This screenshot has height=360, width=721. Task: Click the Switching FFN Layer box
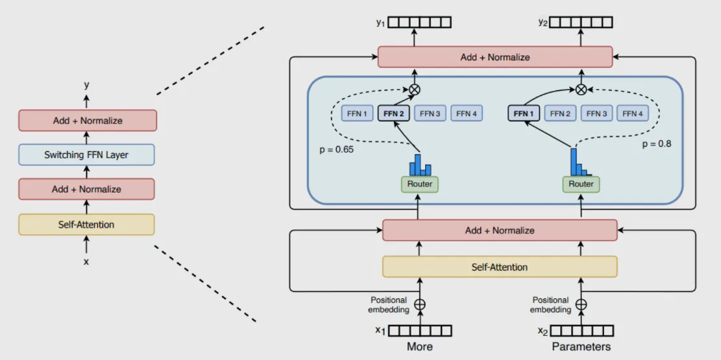pos(86,154)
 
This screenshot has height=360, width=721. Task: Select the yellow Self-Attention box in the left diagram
pos(86,224)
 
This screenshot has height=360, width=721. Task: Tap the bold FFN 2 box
pos(393,114)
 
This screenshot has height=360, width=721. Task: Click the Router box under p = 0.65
pos(420,184)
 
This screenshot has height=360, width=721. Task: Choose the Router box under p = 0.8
pos(581,184)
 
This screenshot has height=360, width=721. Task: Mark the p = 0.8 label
pos(657,144)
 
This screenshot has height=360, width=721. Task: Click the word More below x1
pos(420,346)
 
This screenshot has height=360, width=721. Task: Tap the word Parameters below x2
pos(581,346)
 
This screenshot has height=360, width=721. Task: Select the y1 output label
pos(380,22)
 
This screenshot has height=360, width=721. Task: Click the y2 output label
pos(543,22)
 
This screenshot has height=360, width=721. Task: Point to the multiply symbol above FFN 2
pos(414,90)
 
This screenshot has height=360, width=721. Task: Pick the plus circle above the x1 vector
pos(420,304)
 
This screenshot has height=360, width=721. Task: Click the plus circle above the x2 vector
pos(581,304)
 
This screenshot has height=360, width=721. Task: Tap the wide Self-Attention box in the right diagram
pos(499,267)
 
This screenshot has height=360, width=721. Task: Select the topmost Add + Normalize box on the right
pos(495,57)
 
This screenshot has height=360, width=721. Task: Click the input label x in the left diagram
pos(86,262)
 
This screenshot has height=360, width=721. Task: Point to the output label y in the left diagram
pos(86,85)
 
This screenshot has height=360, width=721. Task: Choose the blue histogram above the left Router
pos(420,165)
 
